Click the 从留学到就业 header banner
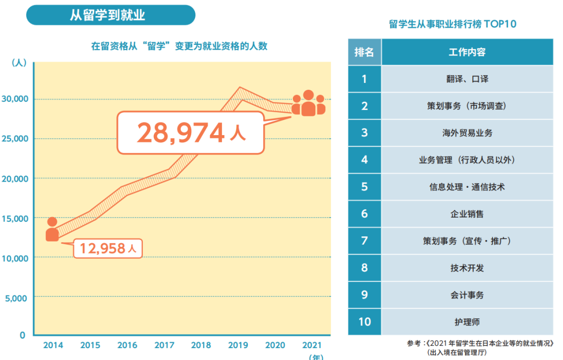(x=111, y=15)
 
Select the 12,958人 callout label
(x=107, y=248)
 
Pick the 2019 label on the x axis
(x=239, y=345)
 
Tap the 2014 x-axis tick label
(x=53, y=345)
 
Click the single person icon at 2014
(x=52, y=230)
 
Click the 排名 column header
(x=364, y=52)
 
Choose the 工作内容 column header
(x=467, y=52)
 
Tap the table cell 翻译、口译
(x=467, y=79)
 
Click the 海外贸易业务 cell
(x=467, y=133)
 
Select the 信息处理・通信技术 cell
(x=467, y=187)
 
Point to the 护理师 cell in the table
(x=467, y=322)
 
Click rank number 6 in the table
(x=364, y=214)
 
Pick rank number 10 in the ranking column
(x=364, y=321)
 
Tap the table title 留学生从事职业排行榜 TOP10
(x=452, y=24)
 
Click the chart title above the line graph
(x=179, y=46)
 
